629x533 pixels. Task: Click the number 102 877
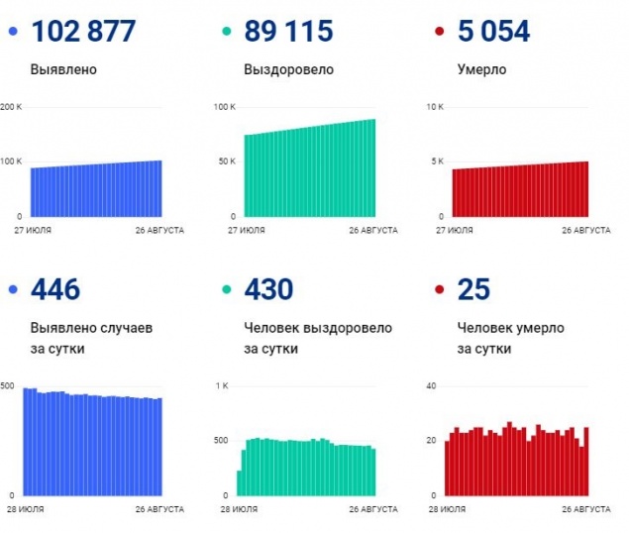[83, 32]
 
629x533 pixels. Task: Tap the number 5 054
[492, 32]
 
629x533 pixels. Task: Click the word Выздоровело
[287, 70]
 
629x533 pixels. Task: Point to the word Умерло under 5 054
[481, 70]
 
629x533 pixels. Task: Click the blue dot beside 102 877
[12, 33]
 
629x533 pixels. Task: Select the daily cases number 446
[55, 290]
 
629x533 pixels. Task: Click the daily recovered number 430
[268, 290]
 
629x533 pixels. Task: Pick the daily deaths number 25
[473, 290]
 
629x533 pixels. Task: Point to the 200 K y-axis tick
[11, 106]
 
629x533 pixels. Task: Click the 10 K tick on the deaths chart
[435, 106]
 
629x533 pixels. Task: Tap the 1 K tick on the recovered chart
[223, 384]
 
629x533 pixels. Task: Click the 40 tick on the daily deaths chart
[431, 384]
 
